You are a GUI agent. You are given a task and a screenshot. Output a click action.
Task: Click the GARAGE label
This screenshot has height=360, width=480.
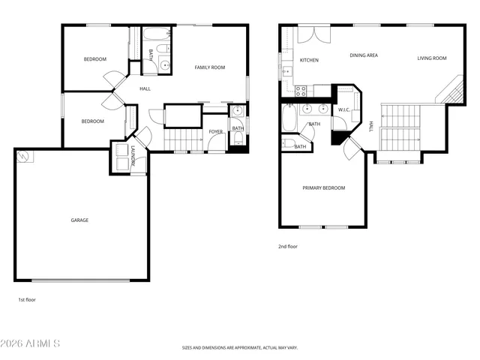pos(79,220)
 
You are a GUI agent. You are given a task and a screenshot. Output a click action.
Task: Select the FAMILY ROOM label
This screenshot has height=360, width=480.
pos(210,67)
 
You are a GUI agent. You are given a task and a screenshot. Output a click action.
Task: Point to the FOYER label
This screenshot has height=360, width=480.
pos(216,131)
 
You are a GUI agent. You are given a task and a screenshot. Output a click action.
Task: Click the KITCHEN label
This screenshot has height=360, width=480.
pos(309,59)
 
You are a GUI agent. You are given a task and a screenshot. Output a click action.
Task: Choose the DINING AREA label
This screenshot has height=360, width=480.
pos(364,55)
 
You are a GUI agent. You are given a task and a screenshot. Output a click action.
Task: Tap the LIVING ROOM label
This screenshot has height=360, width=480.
pos(432,58)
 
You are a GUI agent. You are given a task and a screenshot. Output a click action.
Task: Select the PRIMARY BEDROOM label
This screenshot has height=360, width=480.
pos(324,187)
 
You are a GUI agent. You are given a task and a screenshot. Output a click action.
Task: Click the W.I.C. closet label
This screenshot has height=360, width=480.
pos(344,109)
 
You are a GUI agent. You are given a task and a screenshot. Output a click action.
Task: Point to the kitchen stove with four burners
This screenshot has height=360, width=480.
pos(301,91)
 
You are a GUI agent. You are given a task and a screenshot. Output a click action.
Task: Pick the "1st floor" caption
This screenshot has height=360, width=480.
pos(27,299)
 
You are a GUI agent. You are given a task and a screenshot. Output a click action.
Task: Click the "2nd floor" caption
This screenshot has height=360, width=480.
pos(288,245)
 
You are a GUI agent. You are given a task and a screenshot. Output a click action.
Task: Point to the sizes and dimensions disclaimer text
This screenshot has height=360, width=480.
pos(240,348)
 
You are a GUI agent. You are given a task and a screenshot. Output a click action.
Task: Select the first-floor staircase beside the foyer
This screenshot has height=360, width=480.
pos(179,139)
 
